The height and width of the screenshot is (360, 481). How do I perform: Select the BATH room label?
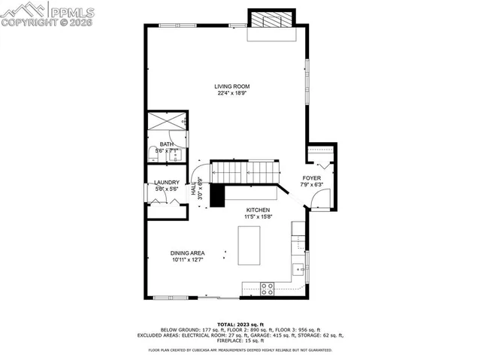coord(165,144)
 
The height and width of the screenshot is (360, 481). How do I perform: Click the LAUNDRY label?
coord(166,183)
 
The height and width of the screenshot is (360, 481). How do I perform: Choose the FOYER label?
coord(311,178)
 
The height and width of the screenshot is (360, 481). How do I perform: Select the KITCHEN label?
coord(257,210)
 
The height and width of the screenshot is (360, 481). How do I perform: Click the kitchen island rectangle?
coord(249,244)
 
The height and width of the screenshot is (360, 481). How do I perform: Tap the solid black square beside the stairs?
coord(217,195)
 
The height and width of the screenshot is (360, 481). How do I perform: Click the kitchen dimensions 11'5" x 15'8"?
coord(257,217)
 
